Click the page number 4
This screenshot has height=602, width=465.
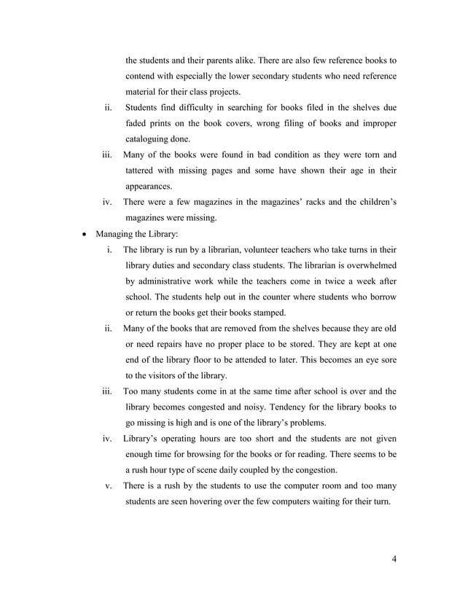[x=394, y=560]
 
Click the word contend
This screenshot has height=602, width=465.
[x=144, y=76]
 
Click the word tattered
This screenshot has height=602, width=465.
[x=145, y=171]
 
